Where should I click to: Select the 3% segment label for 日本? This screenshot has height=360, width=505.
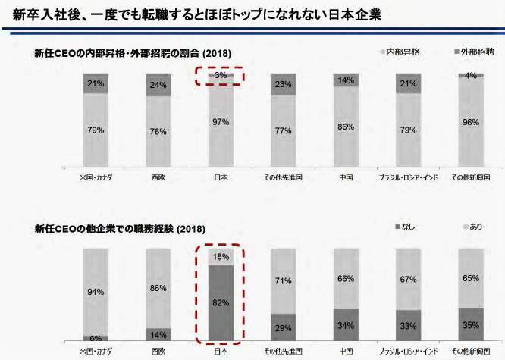click(221, 76)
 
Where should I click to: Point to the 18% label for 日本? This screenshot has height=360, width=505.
click(221, 256)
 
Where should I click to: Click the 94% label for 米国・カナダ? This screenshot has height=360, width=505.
click(96, 291)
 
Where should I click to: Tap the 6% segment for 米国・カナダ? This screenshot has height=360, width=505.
click(96, 338)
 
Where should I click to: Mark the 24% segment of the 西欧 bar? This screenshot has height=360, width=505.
click(158, 85)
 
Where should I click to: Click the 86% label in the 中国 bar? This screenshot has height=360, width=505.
click(346, 127)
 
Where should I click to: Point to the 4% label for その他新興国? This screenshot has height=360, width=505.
click(471, 76)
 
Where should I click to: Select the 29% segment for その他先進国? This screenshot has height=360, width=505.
click(283, 327)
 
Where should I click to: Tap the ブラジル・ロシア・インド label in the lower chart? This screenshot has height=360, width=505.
click(408, 352)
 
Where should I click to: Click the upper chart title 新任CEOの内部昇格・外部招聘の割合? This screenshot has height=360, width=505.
click(133, 53)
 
